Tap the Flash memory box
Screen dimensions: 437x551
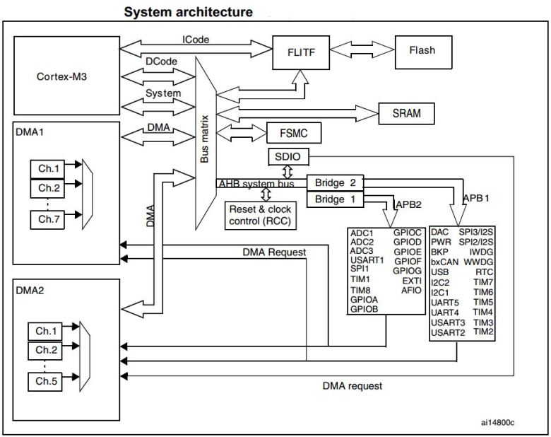point(422,50)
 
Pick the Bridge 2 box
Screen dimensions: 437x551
point(334,182)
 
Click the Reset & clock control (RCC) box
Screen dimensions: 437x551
point(260,215)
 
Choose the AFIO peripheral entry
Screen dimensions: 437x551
point(410,290)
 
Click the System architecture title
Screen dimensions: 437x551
point(188,12)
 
